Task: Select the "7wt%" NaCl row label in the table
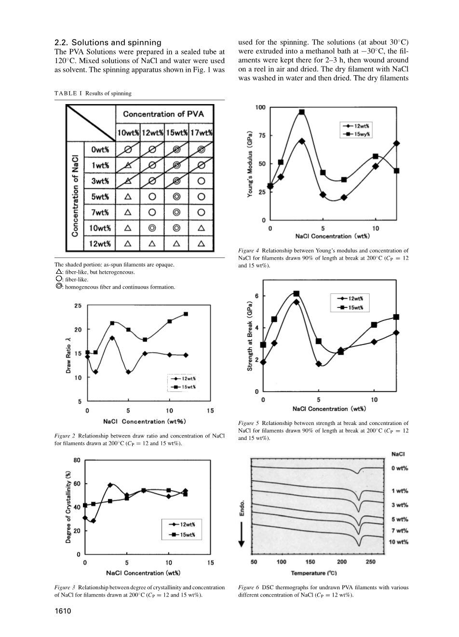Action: pos(100,212)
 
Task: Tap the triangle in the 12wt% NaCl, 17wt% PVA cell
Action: pos(202,244)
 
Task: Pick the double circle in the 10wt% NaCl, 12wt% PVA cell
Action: pos(152,228)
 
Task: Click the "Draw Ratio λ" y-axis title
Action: pos(68,356)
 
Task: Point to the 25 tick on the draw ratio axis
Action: pos(78,306)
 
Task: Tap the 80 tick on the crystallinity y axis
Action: pos(77,461)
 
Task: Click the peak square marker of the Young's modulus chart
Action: pos(302,112)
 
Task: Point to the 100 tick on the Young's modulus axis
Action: pos(260,107)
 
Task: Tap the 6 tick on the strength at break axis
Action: pos(256,296)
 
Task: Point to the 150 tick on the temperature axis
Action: pos(310,562)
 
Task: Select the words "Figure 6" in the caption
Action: pos(249,587)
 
